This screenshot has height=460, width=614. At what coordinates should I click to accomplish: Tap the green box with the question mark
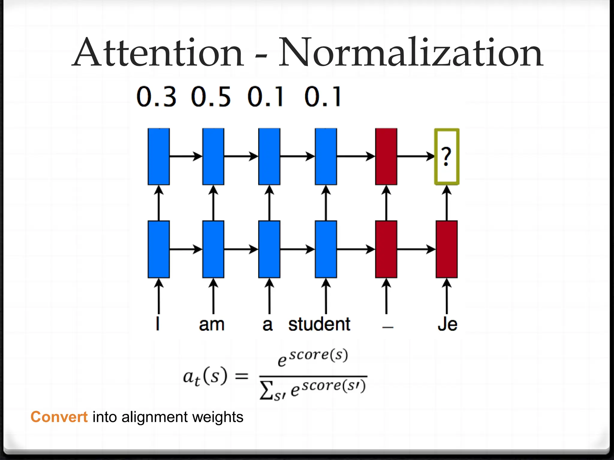(x=447, y=156)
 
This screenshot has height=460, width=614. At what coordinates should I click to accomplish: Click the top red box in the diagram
(x=386, y=156)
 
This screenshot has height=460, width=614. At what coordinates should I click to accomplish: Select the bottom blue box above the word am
(x=213, y=249)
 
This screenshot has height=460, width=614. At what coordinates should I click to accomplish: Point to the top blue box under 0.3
(x=159, y=156)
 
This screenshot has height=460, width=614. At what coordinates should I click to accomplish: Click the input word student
(x=319, y=324)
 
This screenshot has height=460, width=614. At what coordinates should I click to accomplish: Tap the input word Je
(x=447, y=324)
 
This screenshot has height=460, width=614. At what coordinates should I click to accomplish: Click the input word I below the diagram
(x=158, y=324)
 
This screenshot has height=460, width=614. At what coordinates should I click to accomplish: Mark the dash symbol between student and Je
(x=388, y=327)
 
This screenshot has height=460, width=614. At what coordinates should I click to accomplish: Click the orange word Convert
(x=59, y=417)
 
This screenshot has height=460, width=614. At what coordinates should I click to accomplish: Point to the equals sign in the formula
(x=242, y=376)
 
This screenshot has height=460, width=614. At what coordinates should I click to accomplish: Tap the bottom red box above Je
(x=447, y=249)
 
